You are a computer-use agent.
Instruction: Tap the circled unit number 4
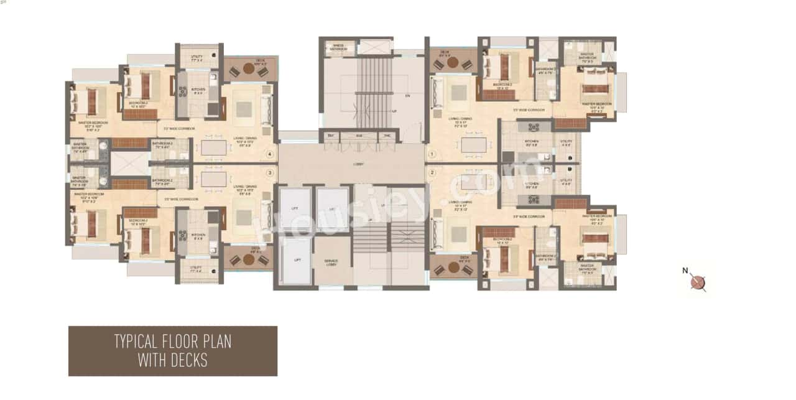click(269, 154)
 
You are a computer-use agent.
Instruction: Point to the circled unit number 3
click(269, 172)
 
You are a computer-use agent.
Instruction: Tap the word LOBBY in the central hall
click(357, 164)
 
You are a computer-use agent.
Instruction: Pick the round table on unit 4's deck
click(249, 69)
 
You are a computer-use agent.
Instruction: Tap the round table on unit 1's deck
click(453, 62)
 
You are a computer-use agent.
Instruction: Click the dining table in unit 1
click(473, 144)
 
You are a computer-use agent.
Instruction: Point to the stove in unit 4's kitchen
click(183, 92)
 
